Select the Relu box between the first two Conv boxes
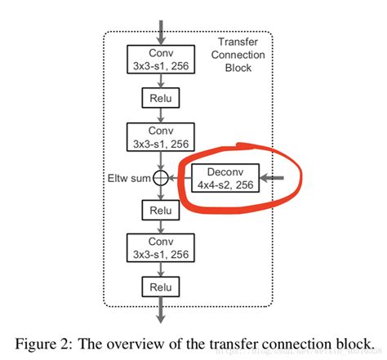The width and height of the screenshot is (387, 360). pos(160,98)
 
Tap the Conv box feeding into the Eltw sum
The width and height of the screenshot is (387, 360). pos(160,136)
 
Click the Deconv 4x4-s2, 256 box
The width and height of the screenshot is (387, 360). pos(223,177)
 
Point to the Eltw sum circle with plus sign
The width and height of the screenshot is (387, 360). pos(161,177)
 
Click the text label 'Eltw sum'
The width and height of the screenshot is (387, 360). pos(129,177)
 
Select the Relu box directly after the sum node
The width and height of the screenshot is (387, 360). pos(160,211)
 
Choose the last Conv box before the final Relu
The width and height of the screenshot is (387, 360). pos(160,248)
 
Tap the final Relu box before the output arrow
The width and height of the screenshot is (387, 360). pos(160,287)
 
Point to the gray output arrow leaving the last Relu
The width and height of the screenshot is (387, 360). pos(160,312)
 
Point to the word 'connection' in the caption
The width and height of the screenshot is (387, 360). pos(301,340)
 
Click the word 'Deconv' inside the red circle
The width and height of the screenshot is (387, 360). pos(223,171)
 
